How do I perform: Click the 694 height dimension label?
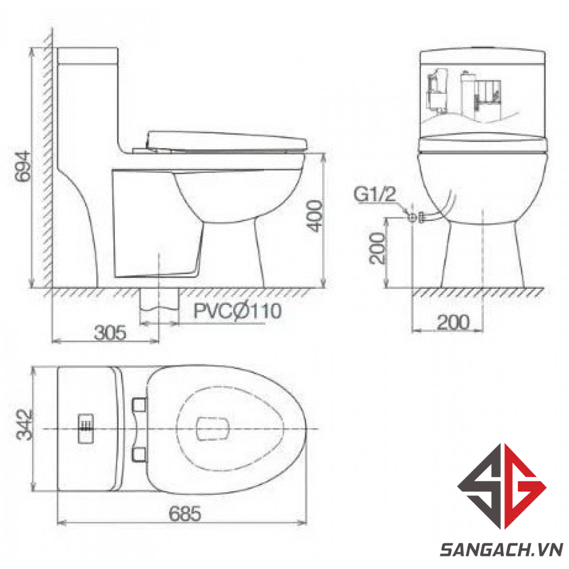click(x=22, y=166)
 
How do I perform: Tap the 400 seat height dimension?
click(x=315, y=216)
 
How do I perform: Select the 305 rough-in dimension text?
click(x=110, y=333)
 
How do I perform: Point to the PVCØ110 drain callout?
click(x=238, y=311)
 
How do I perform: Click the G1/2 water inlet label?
click(x=374, y=194)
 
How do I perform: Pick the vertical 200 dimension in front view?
click(x=377, y=248)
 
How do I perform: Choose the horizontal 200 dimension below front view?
click(x=453, y=322)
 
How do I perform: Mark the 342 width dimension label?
click(x=25, y=424)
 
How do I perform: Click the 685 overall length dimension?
click(x=185, y=514)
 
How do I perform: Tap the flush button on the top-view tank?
click(x=86, y=429)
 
